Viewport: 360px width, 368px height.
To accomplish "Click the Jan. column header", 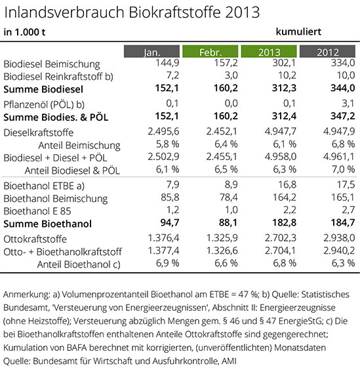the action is [x=152, y=51].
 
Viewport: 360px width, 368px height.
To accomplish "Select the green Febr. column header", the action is [x=210, y=51].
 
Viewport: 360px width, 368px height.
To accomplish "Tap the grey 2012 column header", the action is [x=327, y=51].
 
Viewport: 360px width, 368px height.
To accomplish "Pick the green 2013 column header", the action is [x=269, y=51].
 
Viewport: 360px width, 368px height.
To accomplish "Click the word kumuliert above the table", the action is [x=298, y=31].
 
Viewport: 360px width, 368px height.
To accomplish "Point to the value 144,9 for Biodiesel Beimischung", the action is [x=167, y=63].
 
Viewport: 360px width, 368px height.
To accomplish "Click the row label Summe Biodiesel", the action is [x=43, y=89].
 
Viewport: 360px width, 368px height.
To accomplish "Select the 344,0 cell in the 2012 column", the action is [x=343, y=88].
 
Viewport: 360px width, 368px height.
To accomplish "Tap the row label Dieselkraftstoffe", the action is [x=39, y=133].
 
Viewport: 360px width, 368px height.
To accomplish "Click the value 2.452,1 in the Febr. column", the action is [x=222, y=131].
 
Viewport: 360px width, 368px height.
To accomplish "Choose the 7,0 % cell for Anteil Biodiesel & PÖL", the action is [x=343, y=169].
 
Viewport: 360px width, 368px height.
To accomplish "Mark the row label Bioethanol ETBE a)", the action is [x=44, y=186].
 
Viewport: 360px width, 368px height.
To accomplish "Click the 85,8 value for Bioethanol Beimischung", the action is [x=170, y=197].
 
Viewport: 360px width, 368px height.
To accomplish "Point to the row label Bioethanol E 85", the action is [x=37, y=211].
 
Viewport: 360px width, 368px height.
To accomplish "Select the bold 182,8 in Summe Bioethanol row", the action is [x=284, y=222].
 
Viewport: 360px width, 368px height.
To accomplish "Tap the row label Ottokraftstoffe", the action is [x=35, y=239].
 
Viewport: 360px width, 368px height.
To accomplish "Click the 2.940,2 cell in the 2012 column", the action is [x=339, y=251].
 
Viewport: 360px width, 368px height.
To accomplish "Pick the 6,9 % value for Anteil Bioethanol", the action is [x=168, y=263].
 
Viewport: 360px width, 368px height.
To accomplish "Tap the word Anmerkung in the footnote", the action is [x=26, y=295].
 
